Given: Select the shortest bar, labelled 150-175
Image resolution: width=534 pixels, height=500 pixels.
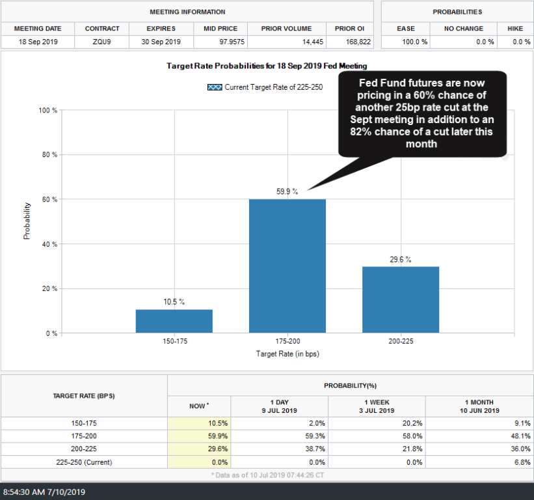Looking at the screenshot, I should click(x=174, y=321).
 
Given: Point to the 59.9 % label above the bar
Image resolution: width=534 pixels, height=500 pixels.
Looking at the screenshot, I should click(x=287, y=191).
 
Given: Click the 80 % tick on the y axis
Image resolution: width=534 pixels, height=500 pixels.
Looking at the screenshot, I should click(x=49, y=155).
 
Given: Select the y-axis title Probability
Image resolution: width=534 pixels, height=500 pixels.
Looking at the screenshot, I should click(x=27, y=221).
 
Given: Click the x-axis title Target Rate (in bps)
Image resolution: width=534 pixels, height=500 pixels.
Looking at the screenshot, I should click(x=287, y=354).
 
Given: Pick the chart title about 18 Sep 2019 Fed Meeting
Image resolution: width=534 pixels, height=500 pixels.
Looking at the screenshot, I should click(x=267, y=66).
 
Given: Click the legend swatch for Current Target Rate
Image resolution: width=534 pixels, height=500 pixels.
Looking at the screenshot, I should click(x=215, y=87).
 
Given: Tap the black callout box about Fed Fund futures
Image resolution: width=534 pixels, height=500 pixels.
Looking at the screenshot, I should click(x=422, y=114).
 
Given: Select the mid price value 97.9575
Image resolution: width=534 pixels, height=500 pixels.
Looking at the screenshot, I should click(x=220, y=41).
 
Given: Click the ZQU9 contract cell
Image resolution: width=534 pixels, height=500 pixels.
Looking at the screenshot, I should click(x=102, y=41).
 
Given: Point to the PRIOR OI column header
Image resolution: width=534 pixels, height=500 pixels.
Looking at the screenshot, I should click(x=350, y=29).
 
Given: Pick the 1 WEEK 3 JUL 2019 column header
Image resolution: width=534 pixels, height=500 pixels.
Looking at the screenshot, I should click(x=377, y=406).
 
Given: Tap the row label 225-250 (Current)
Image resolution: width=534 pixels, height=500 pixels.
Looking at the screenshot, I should click(x=84, y=462).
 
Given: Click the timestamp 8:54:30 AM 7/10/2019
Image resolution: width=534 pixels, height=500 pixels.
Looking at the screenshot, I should click(x=45, y=492).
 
